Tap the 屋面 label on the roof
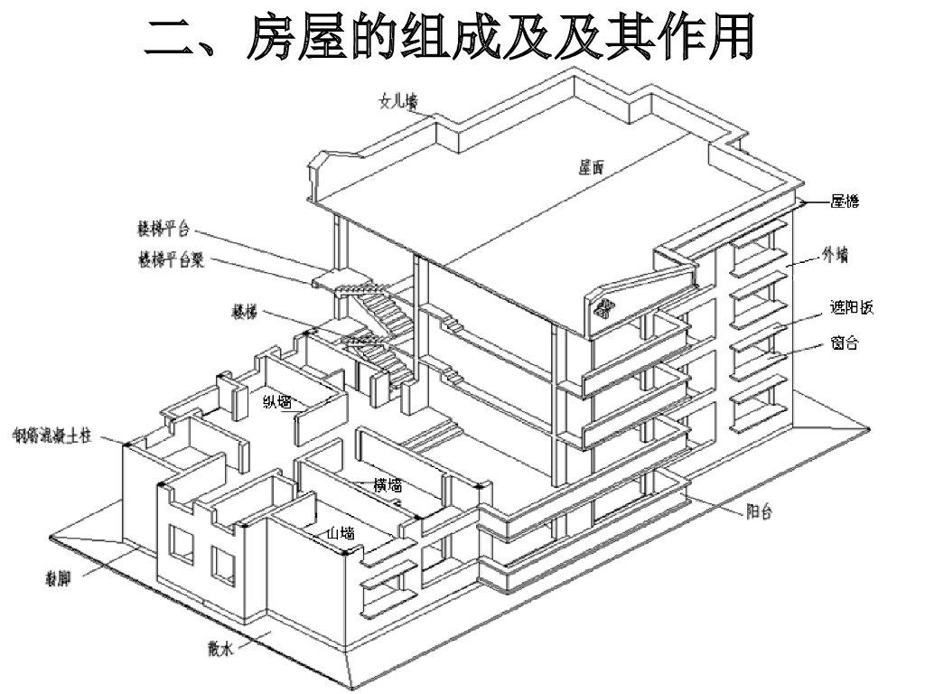click(592, 166)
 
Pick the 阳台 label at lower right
click(759, 511)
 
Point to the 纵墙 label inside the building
click(277, 401)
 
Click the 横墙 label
click(388, 486)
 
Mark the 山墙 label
click(341, 533)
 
